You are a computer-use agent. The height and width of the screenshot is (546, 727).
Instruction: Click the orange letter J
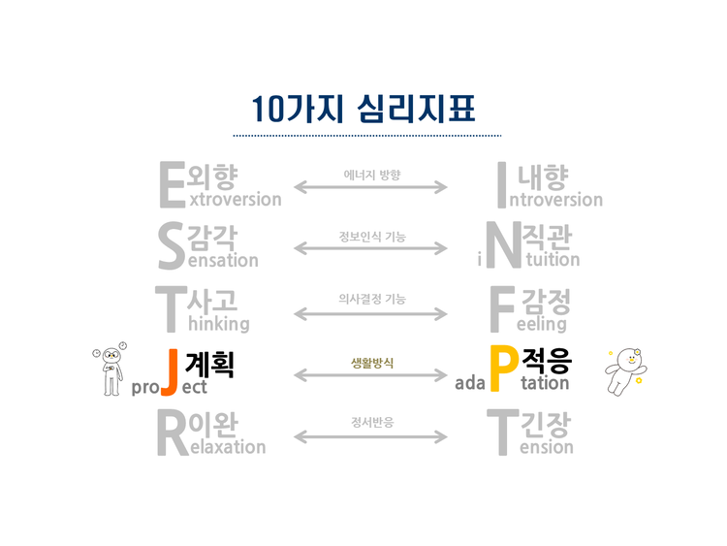tap(168, 370)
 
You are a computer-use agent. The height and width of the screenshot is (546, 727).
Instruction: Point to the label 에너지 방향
tap(371, 176)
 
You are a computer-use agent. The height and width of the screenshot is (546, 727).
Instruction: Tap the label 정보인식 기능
tap(371, 237)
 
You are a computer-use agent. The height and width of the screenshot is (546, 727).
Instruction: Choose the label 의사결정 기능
tap(371, 299)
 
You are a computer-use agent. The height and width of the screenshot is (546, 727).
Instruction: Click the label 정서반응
tap(371, 423)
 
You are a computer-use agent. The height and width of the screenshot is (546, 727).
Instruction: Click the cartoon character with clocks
tap(111, 369)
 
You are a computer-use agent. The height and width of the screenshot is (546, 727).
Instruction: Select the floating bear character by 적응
tap(623, 370)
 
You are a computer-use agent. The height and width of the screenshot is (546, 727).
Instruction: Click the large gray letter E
tap(171, 184)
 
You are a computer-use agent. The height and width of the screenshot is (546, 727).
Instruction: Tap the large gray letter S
tap(171, 246)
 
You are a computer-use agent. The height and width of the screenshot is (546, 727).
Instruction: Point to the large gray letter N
tap(501, 246)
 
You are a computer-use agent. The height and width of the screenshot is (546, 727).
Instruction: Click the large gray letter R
tap(172, 433)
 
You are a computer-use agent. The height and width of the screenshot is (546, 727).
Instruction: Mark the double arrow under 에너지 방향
tap(371, 188)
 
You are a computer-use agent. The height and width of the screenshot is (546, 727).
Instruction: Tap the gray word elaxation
tap(227, 447)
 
